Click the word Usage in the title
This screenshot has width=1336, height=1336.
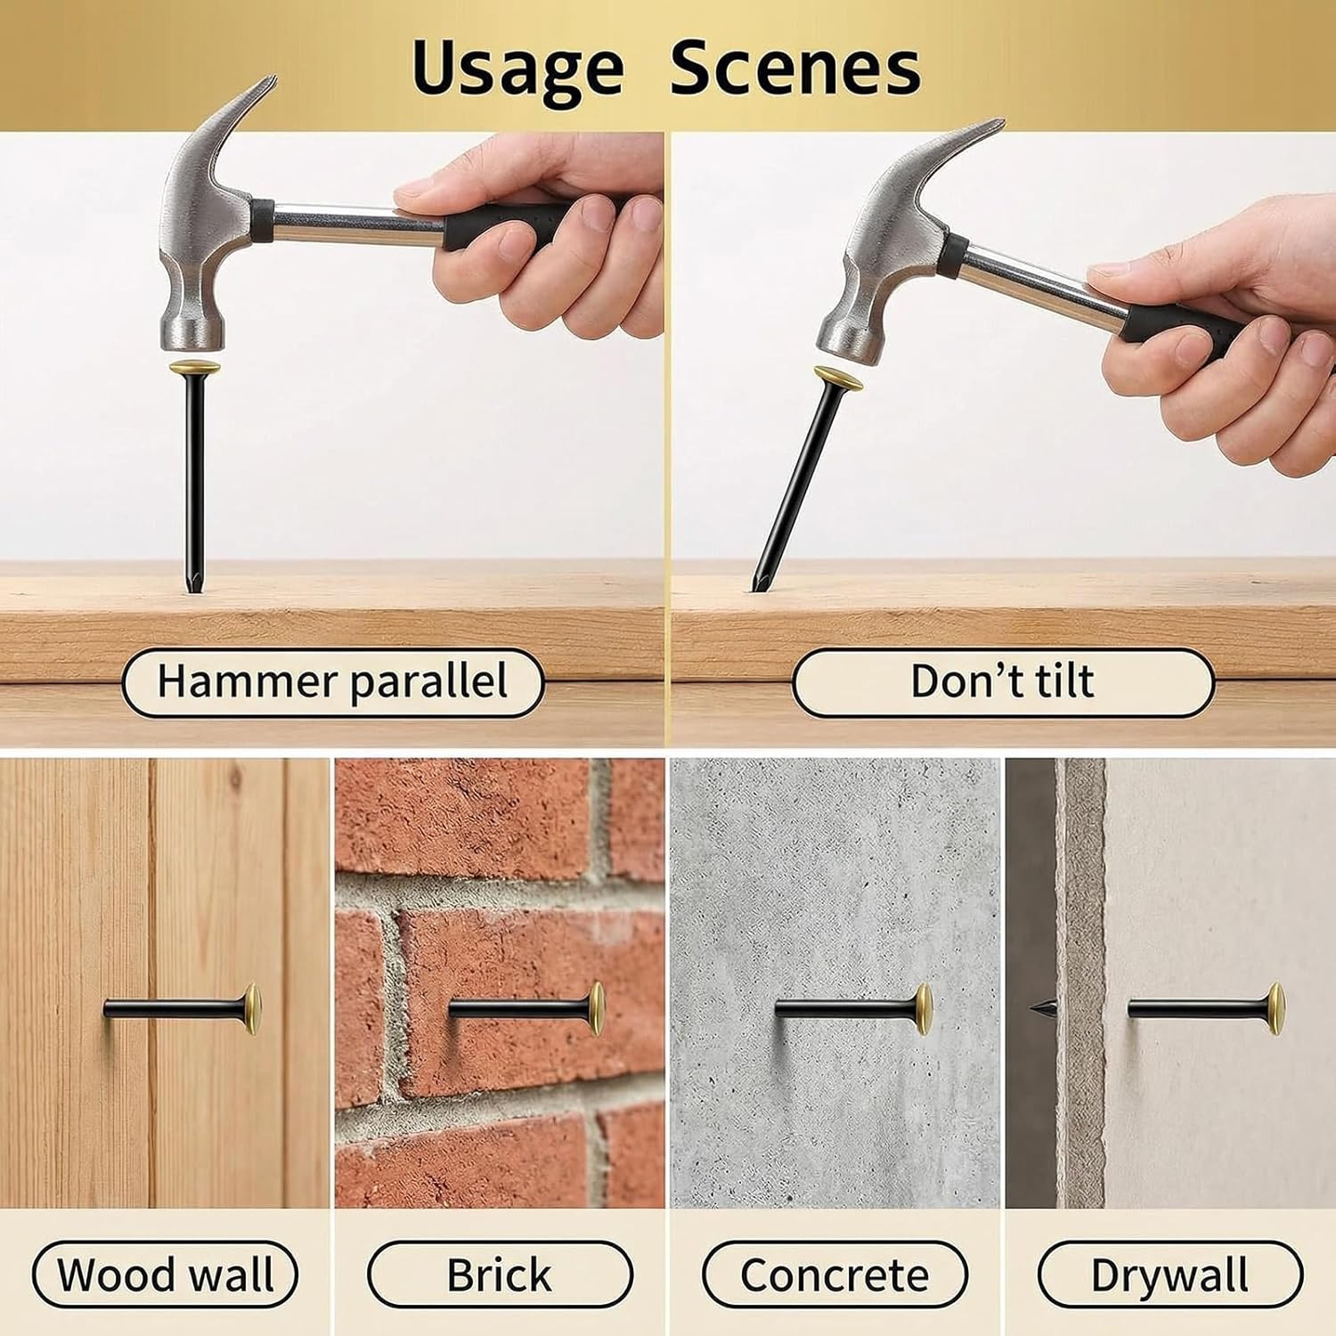(517, 69)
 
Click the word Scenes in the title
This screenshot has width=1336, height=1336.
(794, 69)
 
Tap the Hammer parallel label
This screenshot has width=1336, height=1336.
(332, 681)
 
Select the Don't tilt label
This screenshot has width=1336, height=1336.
(1003, 681)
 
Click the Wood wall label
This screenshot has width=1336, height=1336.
(166, 1275)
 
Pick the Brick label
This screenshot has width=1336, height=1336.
(500, 1275)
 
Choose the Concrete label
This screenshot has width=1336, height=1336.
(835, 1275)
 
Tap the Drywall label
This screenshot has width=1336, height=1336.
(1169, 1275)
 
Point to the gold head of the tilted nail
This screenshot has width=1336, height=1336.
(837, 380)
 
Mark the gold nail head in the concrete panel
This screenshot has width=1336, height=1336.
(925, 1009)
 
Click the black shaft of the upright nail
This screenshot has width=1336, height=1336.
(193, 472)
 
